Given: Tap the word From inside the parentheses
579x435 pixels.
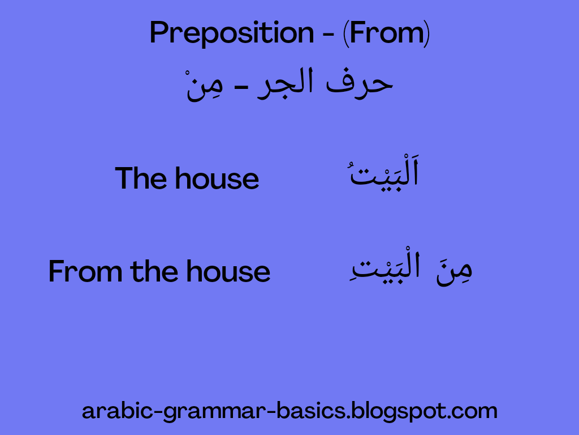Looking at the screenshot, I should pyautogui.click(x=387, y=34).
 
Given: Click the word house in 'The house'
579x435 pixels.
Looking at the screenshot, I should pyautogui.click(x=217, y=178).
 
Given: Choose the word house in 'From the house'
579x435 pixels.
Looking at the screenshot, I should pyautogui.click(x=228, y=272).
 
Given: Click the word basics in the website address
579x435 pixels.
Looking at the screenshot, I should pyautogui.click(x=312, y=411).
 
